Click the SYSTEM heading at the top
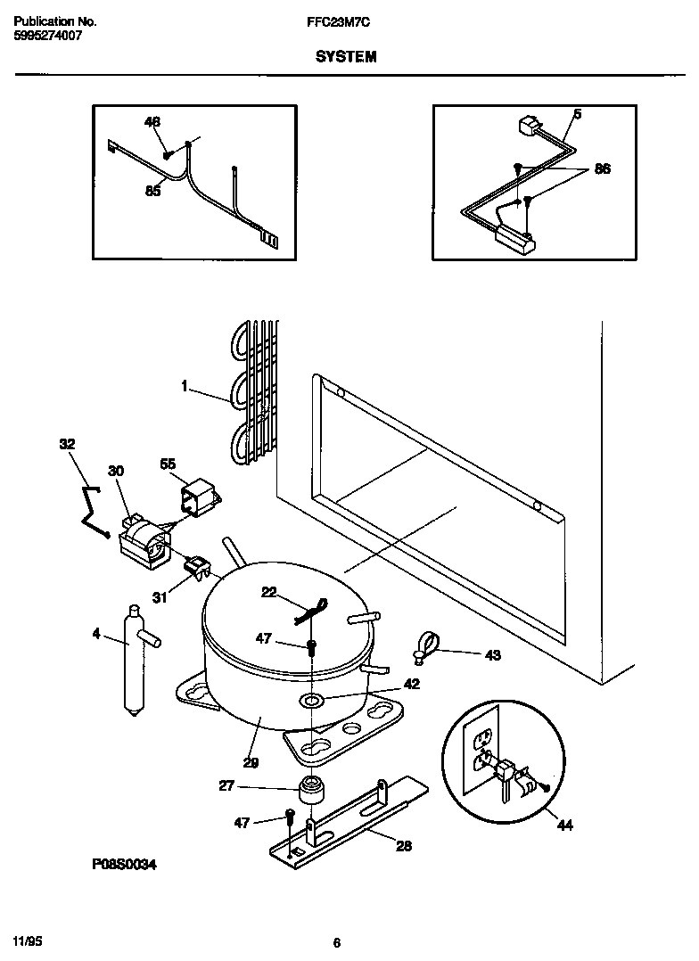pyautogui.click(x=345, y=56)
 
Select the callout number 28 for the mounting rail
pyautogui.click(x=403, y=846)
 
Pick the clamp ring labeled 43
pyautogui.click(x=427, y=644)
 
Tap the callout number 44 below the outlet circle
pyautogui.click(x=564, y=825)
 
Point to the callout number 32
pyautogui.click(x=67, y=443)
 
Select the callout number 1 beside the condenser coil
pyautogui.click(x=184, y=386)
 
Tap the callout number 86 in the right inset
pyautogui.click(x=602, y=168)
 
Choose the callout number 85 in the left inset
pyautogui.click(x=152, y=191)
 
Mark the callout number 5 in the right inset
pyautogui.click(x=577, y=114)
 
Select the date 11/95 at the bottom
pyautogui.click(x=29, y=941)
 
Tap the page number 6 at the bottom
pyautogui.click(x=336, y=942)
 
